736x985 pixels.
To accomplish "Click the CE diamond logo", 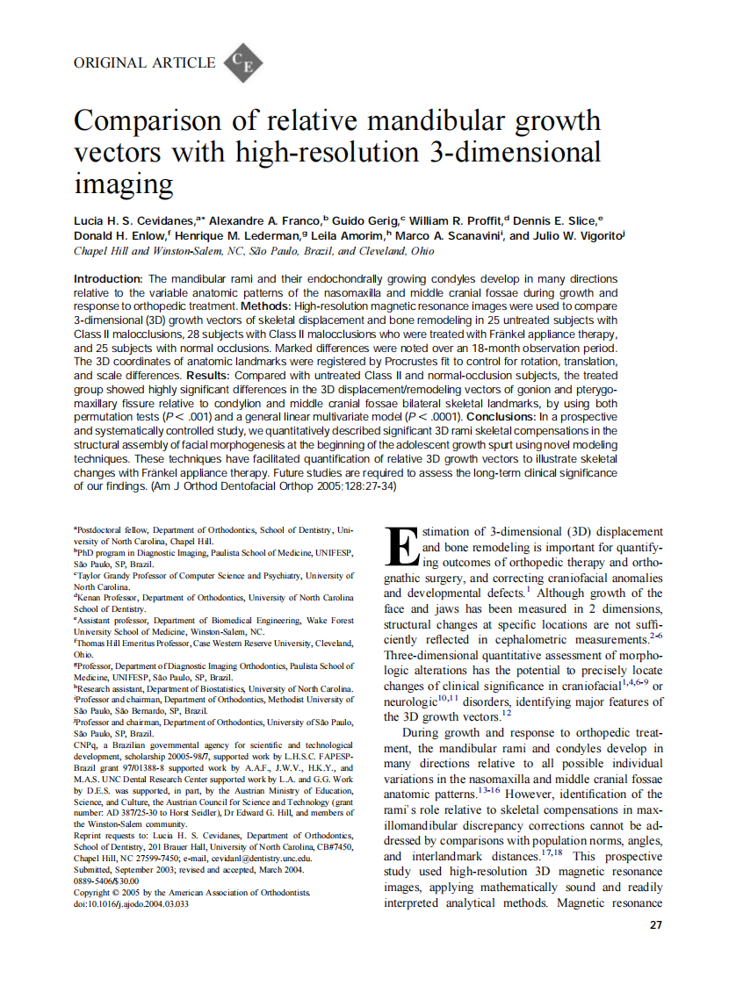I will (x=243, y=62).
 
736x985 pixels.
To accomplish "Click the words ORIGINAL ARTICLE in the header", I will (x=145, y=62).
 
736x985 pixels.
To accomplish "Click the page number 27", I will (x=656, y=925).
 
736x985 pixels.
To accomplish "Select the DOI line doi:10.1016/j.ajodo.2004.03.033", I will (x=131, y=903).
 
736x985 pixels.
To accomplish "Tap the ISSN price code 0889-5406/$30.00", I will (x=106, y=881).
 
